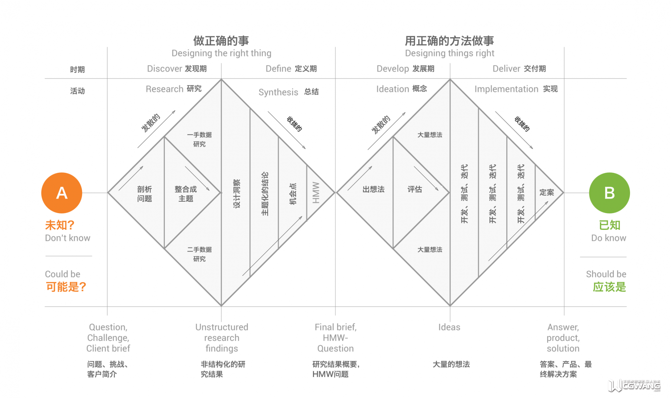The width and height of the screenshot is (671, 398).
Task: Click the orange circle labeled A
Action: click(x=62, y=193)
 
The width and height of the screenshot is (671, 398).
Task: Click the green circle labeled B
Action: click(x=609, y=193)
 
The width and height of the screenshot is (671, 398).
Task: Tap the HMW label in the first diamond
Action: click(x=316, y=193)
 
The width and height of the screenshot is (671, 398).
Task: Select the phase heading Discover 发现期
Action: click(x=177, y=69)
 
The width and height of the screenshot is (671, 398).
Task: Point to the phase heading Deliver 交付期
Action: click(x=519, y=69)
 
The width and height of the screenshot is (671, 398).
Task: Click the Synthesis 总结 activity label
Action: click(x=289, y=92)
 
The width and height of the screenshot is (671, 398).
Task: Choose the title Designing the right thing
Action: click(x=221, y=53)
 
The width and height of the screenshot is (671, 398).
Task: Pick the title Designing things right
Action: click(x=450, y=53)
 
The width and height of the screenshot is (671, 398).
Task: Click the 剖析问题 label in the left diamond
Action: click(x=145, y=194)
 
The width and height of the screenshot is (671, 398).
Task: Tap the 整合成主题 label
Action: click(x=186, y=194)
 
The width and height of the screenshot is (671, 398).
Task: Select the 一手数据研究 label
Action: click(x=199, y=139)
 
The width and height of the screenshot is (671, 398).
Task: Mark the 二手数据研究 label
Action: click(x=199, y=254)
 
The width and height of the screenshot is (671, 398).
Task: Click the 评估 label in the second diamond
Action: click(x=415, y=189)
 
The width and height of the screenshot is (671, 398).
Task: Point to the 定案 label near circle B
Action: click(x=547, y=192)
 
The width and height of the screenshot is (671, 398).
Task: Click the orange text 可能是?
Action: click(x=66, y=287)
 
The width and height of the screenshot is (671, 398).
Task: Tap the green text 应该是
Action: click(x=609, y=287)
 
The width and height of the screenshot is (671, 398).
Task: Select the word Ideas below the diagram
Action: click(x=449, y=327)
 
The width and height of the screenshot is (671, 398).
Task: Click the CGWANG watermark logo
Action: click(x=634, y=386)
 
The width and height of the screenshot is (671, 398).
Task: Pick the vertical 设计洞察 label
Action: click(x=237, y=194)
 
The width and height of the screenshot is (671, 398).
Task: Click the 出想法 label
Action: click(x=373, y=189)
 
